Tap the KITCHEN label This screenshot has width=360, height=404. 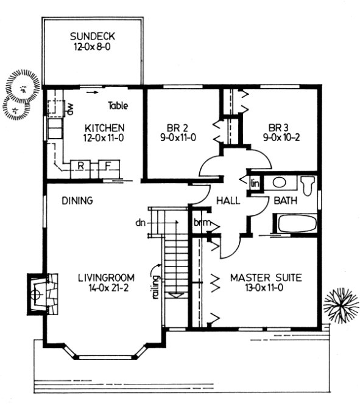(x=105, y=128)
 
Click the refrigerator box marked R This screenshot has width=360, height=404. (x=80, y=166)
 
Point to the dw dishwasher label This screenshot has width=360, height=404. (x=71, y=109)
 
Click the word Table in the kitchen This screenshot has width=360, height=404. (x=118, y=106)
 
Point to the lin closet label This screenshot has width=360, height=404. (x=255, y=183)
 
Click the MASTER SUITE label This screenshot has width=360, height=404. (x=266, y=277)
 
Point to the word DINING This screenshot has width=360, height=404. (x=77, y=200)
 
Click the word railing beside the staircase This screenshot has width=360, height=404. (x=157, y=285)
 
